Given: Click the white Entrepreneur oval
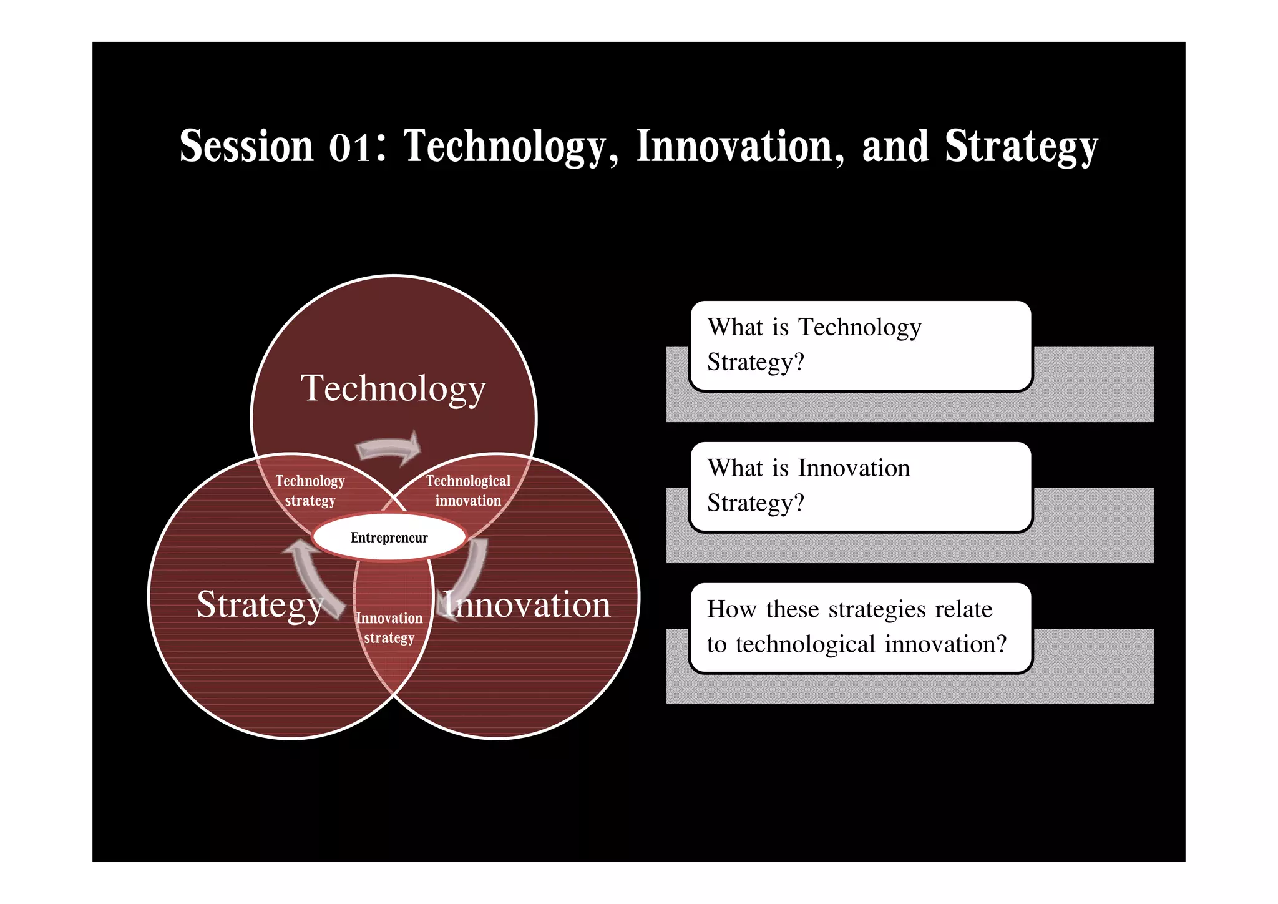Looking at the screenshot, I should [x=389, y=537].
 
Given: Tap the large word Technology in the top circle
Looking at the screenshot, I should [x=393, y=388].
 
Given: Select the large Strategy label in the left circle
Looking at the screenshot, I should [x=260, y=604].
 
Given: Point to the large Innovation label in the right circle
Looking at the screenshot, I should [x=527, y=604].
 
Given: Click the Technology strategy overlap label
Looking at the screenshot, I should [x=310, y=491].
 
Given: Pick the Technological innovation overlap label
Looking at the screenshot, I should [x=468, y=491].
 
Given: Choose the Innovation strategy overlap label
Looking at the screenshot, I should [x=389, y=627].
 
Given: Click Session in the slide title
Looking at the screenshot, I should [x=246, y=146].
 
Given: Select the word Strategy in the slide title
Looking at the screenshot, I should [x=1021, y=147].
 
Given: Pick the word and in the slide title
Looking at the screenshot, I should [x=895, y=146].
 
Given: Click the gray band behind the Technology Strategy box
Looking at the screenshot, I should [x=1092, y=384].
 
